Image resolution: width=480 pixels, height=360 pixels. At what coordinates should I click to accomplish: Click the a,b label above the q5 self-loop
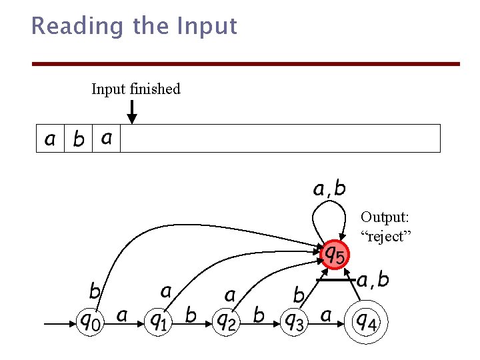tap(329, 189)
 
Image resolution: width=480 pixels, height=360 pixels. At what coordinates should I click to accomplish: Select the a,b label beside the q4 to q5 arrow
tap(373, 280)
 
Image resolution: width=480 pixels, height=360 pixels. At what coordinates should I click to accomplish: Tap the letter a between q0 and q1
tap(122, 315)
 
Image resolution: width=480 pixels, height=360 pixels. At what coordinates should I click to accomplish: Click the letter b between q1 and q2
tap(191, 314)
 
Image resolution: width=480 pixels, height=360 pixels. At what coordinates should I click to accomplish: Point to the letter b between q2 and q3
tap(259, 314)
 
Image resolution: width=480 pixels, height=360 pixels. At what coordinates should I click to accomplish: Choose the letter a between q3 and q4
tap(326, 315)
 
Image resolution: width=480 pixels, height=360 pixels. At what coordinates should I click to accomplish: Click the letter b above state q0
tap(95, 291)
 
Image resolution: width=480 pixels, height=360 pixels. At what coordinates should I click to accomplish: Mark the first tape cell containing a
tap(50, 139)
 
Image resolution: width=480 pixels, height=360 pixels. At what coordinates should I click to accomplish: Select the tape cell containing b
tap(79, 139)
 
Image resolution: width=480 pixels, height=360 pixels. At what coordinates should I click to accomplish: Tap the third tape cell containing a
tap(107, 139)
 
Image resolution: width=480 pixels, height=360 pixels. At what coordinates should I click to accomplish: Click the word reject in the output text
tap(387, 237)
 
